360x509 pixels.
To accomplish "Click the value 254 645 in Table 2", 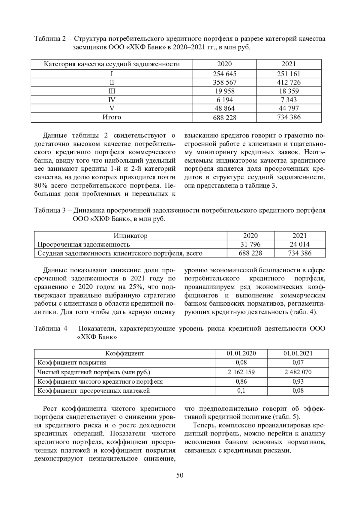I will click(x=224, y=74).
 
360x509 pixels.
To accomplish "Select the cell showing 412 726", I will click(x=289, y=82).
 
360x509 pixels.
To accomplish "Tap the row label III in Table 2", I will click(x=112, y=91).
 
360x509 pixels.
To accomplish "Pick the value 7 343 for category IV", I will click(x=289, y=100).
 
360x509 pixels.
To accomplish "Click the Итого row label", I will click(x=112, y=117).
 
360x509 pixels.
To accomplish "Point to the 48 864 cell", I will click(x=224, y=108).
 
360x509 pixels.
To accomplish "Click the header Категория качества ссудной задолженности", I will click(x=112, y=64).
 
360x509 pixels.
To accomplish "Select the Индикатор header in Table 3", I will click(x=130, y=236).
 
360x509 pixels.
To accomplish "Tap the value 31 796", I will click(x=250, y=244).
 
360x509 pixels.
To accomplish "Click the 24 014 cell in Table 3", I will click(x=300, y=244).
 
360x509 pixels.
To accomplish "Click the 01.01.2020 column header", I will click(x=241, y=353).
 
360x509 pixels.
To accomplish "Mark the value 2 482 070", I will click(x=298, y=372).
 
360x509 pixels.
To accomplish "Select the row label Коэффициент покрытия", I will click(x=72, y=363).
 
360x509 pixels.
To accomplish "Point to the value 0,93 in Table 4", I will click(x=298, y=382).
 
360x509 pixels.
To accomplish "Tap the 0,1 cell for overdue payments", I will click(x=241, y=391).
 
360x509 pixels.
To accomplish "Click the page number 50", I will click(x=180, y=475).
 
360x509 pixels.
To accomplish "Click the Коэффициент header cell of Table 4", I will click(x=124, y=353).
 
